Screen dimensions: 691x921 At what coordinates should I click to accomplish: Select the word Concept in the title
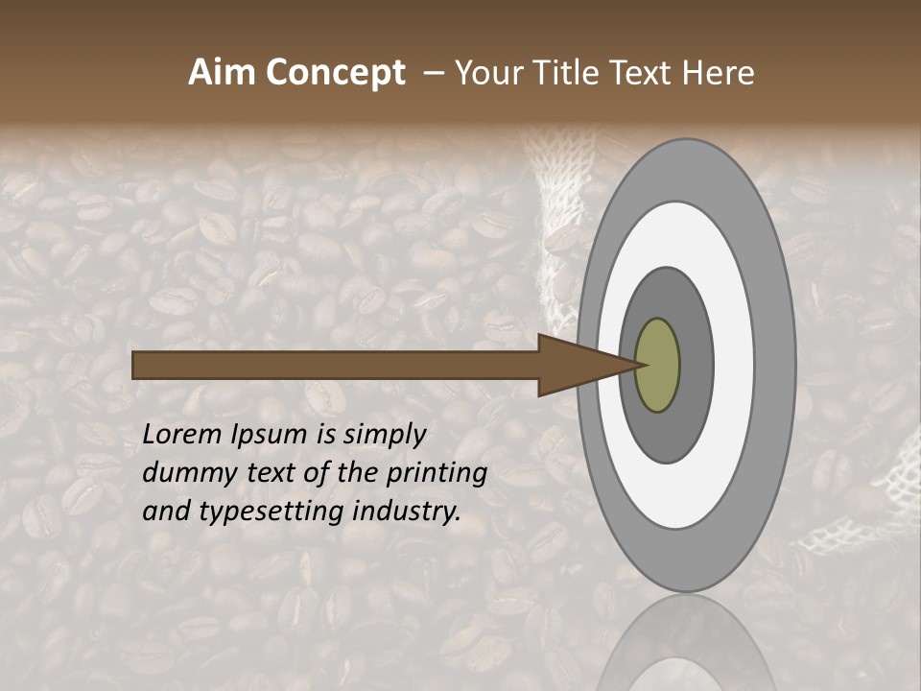coord(335,73)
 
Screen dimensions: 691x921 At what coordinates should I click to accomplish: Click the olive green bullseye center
coord(658,366)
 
